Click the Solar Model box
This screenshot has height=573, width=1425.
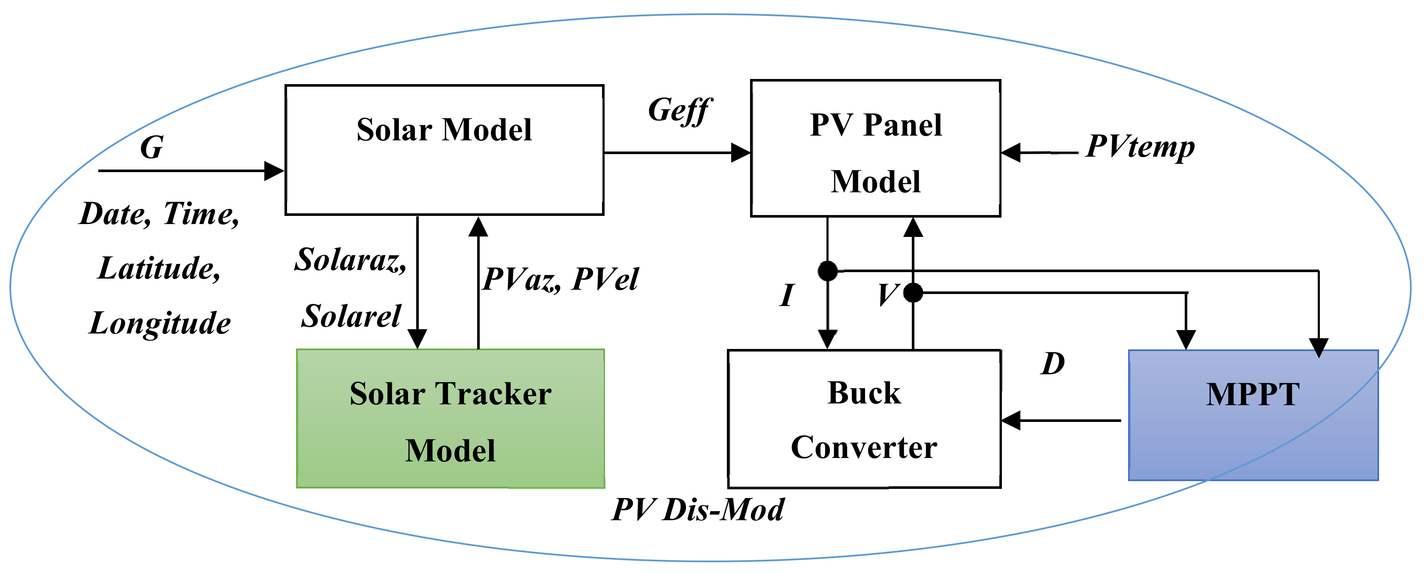(444, 149)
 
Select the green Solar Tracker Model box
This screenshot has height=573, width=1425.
(450, 418)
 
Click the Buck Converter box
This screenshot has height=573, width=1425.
(864, 418)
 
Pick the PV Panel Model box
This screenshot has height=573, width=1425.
(876, 148)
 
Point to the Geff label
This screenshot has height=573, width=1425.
(680, 111)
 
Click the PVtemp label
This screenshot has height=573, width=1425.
(1140, 147)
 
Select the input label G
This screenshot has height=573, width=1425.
(151, 148)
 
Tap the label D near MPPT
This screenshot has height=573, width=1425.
(1053, 364)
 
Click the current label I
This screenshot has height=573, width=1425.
(787, 295)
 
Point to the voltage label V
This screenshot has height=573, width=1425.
(888, 295)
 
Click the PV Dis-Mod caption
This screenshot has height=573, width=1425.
(698, 509)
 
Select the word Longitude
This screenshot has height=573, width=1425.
(160, 324)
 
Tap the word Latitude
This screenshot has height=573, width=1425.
(159, 268)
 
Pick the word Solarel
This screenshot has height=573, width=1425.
(351, 316)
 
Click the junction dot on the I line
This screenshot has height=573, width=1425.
(828, 271)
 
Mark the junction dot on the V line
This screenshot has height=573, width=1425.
(913, 293)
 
